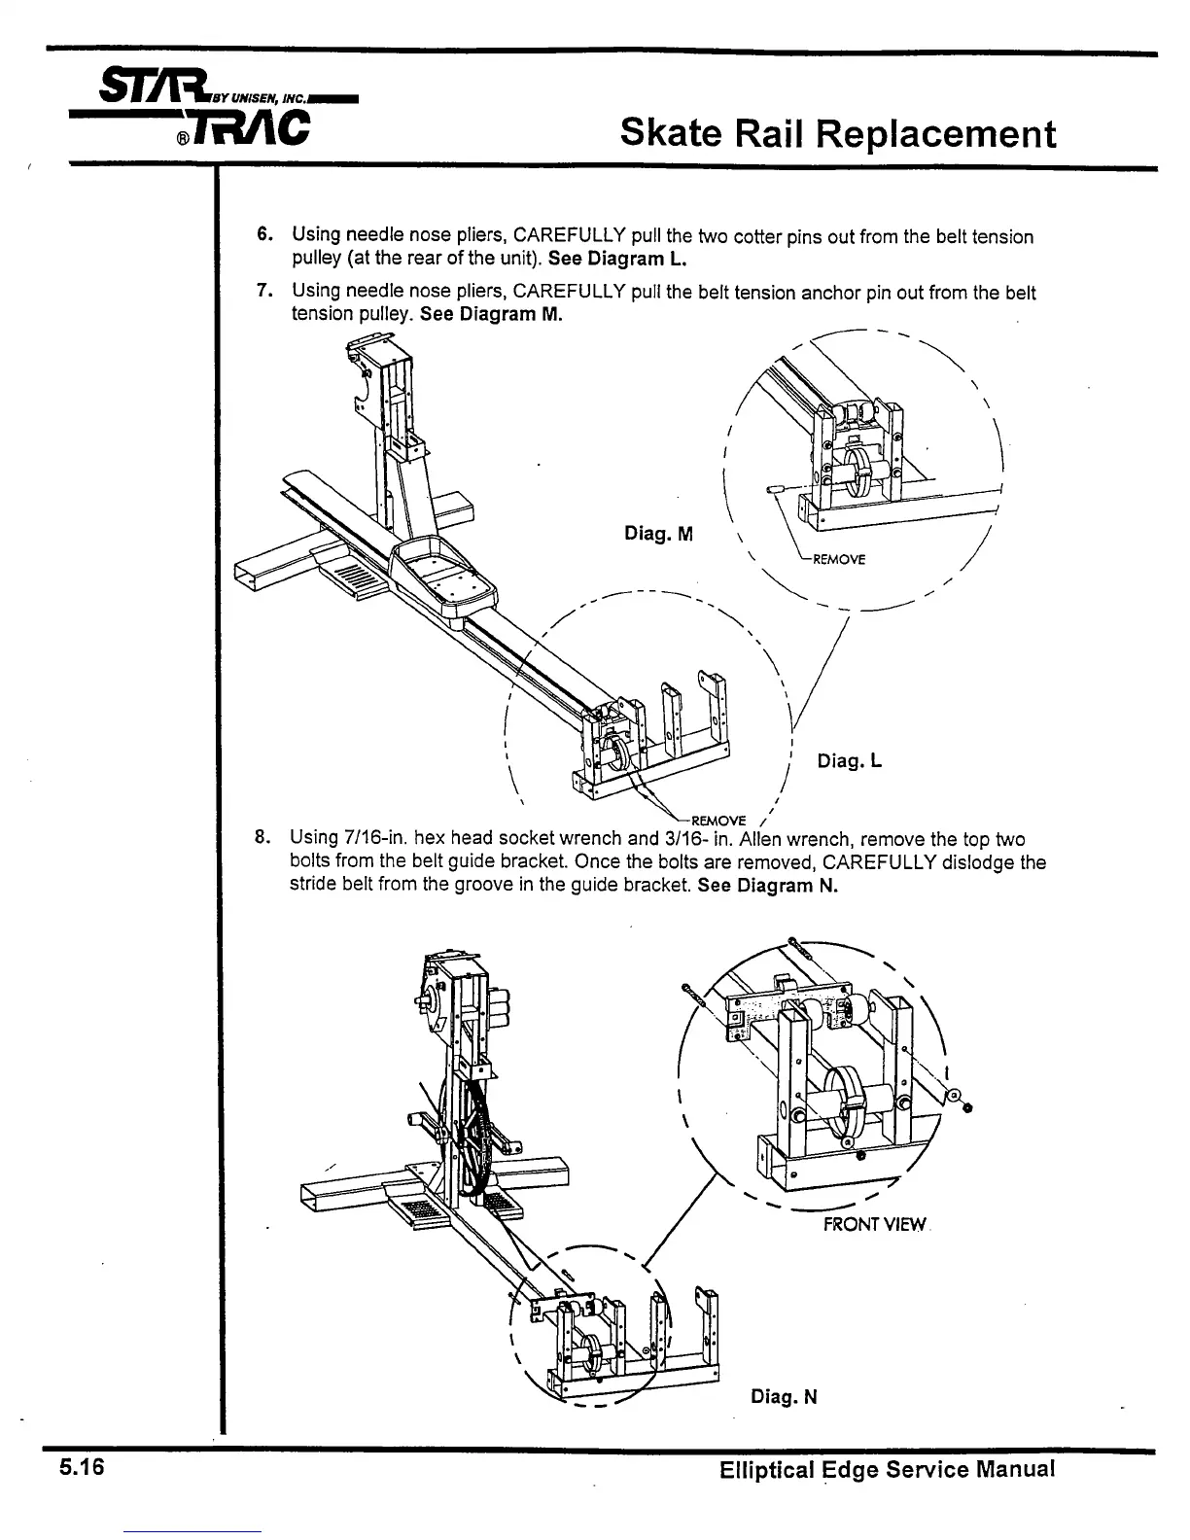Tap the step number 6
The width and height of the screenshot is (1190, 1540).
[x=262, y=235]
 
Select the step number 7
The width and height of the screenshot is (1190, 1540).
[x=262, y=291]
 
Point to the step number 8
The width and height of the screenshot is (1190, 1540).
[x=261, y=838]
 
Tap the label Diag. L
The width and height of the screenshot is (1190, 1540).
[x=849, y=760]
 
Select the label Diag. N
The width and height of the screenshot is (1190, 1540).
[x=784, y=1397]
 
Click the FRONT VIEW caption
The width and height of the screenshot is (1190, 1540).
[x=874, y=1225]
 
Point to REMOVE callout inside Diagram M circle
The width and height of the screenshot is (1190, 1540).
[x=838, y=559]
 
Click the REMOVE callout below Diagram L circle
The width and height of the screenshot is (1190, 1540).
[x=717, y=819]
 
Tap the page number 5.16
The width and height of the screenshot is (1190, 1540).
[x=81, y=1467]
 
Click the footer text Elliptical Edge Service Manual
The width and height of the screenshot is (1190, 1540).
[x=887, y=1469]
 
